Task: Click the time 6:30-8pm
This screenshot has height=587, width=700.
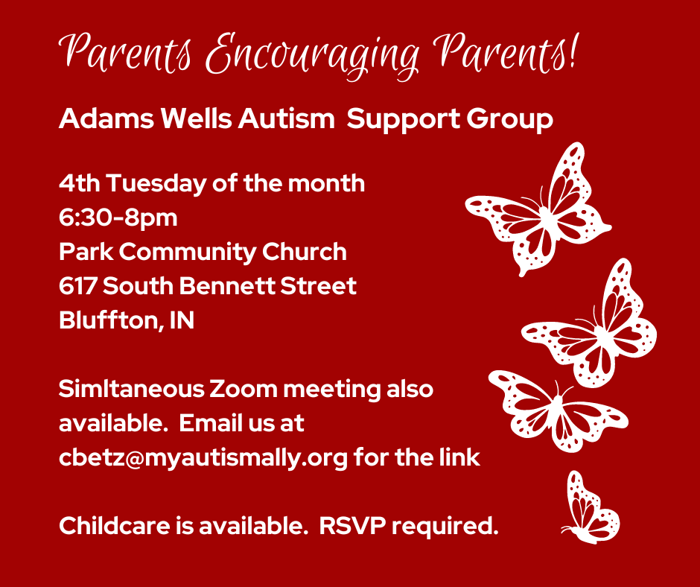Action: tap(118, 218)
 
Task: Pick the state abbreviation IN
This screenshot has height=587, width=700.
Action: tap(182, 321)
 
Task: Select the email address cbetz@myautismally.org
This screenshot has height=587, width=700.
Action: tap(203, 458)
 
